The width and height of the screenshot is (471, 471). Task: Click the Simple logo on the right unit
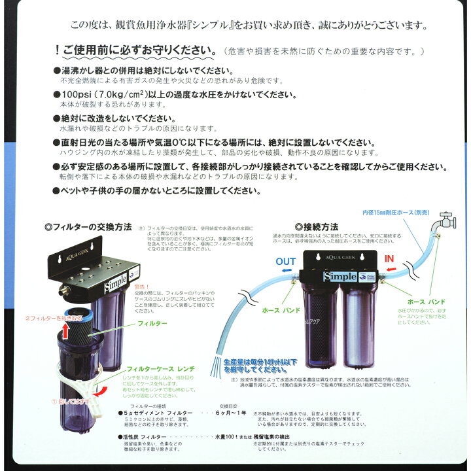339,276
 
